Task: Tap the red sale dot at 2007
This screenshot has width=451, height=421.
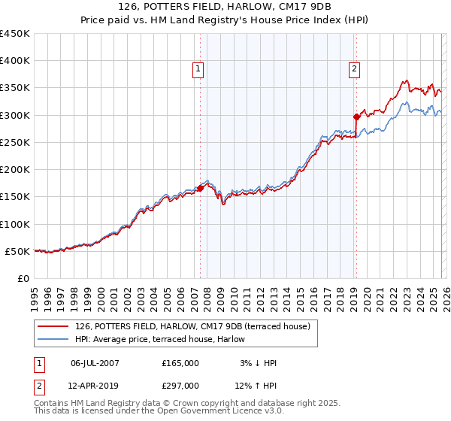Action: tap(201, 188)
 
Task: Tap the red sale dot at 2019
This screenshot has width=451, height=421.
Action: tap(356, 117)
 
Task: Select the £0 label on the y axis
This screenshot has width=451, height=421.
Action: tap(23, 278)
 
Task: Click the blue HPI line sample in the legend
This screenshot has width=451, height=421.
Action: tap(54, 339)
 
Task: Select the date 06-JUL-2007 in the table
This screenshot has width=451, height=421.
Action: tap(95, 363)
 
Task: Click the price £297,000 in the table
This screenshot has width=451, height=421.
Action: tap(180, 385)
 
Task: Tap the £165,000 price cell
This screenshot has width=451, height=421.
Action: tap(180, 363)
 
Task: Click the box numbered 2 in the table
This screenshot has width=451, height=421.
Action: tap(39, 385)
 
